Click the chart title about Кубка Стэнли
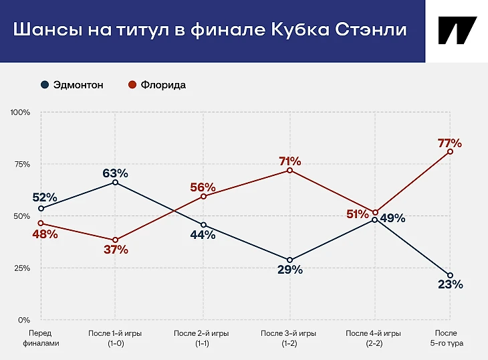point(210,31)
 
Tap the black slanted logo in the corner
point(457,31)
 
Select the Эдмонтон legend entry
point(72,85)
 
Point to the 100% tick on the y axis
point(21,112)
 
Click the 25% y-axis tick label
point(22,268)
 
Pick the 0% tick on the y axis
point(24,320)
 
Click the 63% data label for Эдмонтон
point(115,173)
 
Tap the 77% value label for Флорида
point(450,143)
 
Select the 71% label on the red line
point(289,161)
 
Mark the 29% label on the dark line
point(289,270)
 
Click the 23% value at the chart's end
point(450,284)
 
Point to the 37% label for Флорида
point(116,250)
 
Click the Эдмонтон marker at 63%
point(116,182)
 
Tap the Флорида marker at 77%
point(450,151)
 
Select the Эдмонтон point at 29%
point(289,260)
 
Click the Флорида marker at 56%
point(203,196)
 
